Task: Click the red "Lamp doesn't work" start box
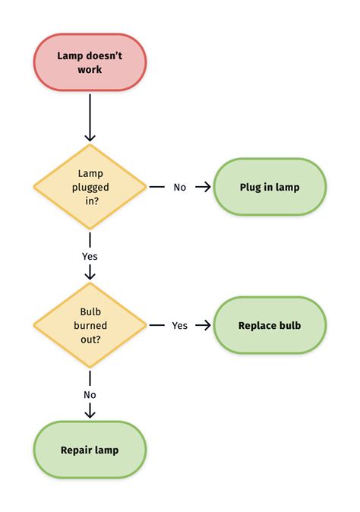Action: (90, 62)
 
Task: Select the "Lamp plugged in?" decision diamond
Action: (90, 187)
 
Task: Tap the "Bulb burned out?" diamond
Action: (90, 325)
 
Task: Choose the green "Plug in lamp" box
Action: (270, 187)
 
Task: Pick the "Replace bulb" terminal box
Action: (270, 325)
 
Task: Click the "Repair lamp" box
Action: (90, 450)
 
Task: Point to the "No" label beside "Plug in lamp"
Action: (179, 187)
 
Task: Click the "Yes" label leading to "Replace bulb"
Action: (179, 326)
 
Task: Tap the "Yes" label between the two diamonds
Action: (90, 256)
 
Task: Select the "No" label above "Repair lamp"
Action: (90, 395)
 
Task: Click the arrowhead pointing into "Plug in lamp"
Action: (207, 187)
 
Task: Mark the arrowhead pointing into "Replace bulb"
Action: (207, 325)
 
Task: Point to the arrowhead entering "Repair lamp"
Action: (90, 414)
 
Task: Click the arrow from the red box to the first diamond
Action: (90, 118)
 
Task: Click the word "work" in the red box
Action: (90, 69)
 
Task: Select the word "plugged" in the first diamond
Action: (90, 188)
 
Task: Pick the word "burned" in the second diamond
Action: (90, 325)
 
